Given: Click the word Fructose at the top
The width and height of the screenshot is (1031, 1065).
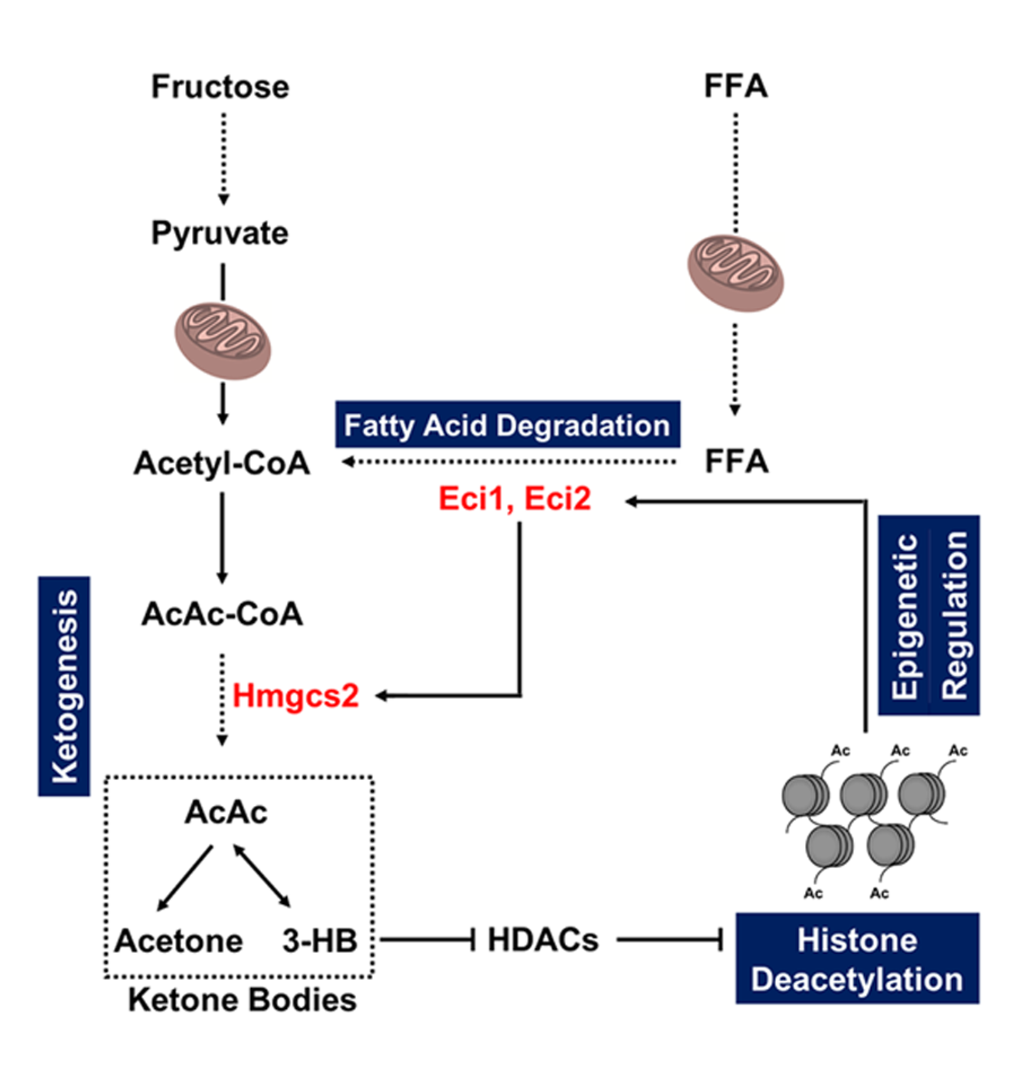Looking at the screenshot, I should pyautogui.click(x=220, y=86).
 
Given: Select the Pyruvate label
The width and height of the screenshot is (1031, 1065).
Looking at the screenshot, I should pyautogui.click(x=220, y=234).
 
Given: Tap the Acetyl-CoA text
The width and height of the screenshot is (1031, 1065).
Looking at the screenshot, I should pyautogui.click(x=222, y=463).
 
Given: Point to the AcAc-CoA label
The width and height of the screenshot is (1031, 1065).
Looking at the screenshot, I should pyautogui.click(x=222, y=614).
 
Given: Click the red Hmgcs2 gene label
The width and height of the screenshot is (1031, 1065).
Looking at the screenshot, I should pyautogui.click(x=296, y=695).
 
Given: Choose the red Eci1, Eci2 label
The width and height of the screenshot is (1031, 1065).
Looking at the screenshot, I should pyautogui.click(x=514, y=498).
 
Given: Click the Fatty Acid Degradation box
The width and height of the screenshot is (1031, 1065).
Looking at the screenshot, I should pyautogui.click(x=507, y=425).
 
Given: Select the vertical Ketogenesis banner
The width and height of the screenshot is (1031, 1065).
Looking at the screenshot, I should pyautogui.click(x=64, y=686).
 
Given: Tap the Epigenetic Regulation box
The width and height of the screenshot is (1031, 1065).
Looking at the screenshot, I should pyautogui.click(x=929, y=615).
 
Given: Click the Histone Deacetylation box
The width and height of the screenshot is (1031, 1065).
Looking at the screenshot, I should pyautogui.click(x=857, y=959).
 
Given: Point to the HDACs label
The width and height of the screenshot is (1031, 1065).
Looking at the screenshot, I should pyautogui.click(x=542, y=939).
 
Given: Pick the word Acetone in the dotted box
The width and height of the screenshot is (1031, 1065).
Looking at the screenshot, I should pyautogui.click(x=179, y=941).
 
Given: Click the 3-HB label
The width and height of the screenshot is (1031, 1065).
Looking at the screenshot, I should pyautogui.click(x=320, y=941).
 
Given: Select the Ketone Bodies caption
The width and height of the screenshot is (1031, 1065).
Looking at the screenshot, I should pyautogui.click(x=242, y=1000).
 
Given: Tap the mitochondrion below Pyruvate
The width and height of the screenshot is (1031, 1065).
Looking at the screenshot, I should pyautogui.click(x=222, y=341).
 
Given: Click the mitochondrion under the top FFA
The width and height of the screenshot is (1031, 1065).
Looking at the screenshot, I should pyautogui.click(x=735, y=273).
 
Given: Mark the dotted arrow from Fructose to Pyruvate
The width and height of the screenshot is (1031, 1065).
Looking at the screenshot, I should pyautogui.click(x=223, y=159).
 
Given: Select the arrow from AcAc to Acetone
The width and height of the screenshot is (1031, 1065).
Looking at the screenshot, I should pyautogui.click(x=185, y=878).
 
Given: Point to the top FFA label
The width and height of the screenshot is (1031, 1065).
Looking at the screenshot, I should pyautogui.click(x=735, y=86).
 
